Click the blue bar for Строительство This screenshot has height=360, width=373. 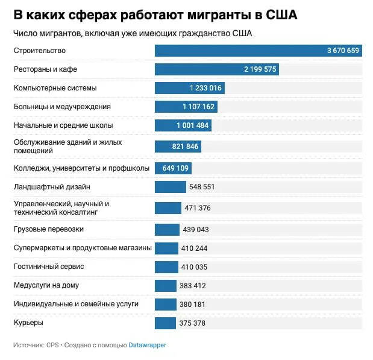(241, 51)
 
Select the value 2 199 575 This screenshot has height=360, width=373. (260, 69)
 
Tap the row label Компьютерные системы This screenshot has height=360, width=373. (55, 88)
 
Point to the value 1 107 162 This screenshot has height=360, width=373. (198, 107)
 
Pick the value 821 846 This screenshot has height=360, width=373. (186, 147)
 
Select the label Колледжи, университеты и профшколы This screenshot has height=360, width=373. (81, 168)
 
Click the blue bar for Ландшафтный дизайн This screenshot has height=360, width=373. (162, 187)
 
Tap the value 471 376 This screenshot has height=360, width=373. (198, 208)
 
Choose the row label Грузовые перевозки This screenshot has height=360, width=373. (49, 229)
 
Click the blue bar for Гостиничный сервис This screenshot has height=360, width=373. (166, 267)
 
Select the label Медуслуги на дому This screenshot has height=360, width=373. (46, 285)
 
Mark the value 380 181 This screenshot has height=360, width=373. (192, 304)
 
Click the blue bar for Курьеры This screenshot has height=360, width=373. (165, 323)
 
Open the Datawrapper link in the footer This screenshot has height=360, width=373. (147, 346)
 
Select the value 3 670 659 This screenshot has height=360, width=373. (343, 51)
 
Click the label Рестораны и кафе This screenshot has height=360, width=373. (45, 69)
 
